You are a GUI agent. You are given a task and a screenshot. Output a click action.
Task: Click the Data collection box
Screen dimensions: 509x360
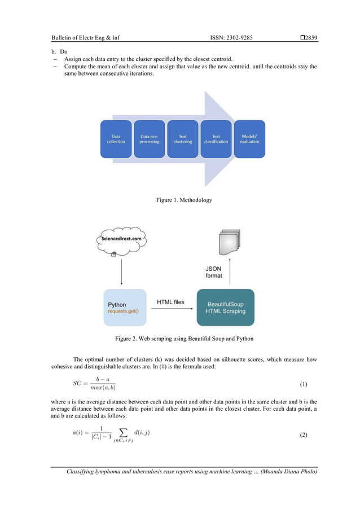coord(116,139)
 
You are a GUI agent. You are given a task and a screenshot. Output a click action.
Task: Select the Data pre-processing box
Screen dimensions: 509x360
coord(149,139)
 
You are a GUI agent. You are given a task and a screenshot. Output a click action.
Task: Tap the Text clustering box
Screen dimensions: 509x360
coord(182,139)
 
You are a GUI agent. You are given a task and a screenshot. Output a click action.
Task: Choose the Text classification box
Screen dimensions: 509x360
coord(216,139)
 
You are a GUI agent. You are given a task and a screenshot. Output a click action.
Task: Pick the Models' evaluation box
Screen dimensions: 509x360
coord(249,139)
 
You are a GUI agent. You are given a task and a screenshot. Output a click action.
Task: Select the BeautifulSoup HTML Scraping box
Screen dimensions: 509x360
coord(225,308)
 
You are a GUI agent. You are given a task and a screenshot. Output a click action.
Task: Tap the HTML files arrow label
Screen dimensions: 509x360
coord(170,302)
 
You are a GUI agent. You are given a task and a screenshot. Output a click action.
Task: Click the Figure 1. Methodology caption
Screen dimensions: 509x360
coord(180,200)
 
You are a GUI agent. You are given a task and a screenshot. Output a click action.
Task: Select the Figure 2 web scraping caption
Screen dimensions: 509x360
coord(179,339)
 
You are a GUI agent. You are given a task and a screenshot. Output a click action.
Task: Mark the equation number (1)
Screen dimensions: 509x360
coord(303,384)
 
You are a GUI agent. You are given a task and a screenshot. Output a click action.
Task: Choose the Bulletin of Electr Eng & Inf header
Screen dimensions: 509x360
coord(85,38)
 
